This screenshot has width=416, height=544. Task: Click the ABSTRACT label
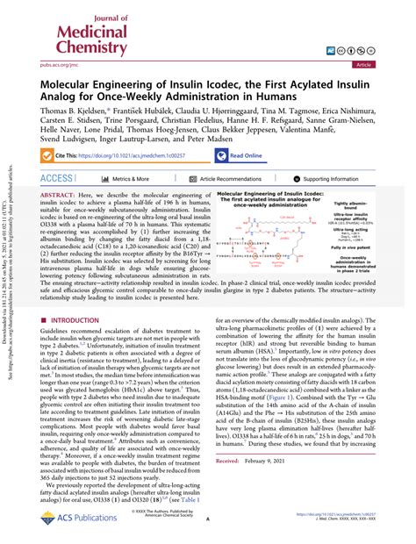(x=57, y=218)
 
